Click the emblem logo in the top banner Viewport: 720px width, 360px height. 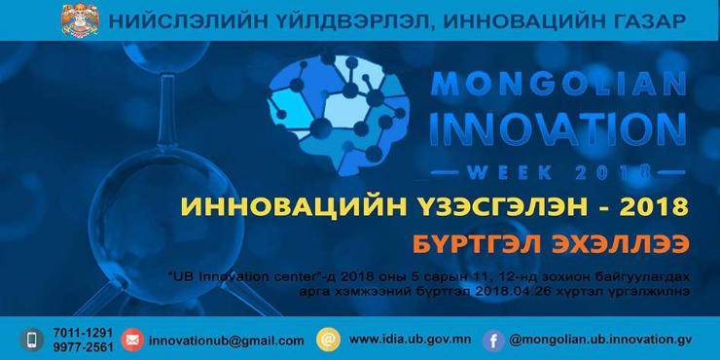80,20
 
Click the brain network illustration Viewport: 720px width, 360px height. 338,115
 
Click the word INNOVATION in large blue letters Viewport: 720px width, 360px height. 558,129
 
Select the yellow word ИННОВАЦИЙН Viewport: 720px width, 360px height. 294,207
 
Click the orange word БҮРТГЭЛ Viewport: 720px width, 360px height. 475,244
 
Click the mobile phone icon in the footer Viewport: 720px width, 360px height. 32,340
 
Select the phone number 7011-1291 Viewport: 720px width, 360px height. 83,333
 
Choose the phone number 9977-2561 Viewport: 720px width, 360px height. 83,347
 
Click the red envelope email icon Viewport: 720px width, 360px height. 132,341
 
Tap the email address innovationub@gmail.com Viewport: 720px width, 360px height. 227,342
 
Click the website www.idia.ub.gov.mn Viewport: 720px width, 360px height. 410,341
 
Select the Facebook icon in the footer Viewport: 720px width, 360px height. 493,341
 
